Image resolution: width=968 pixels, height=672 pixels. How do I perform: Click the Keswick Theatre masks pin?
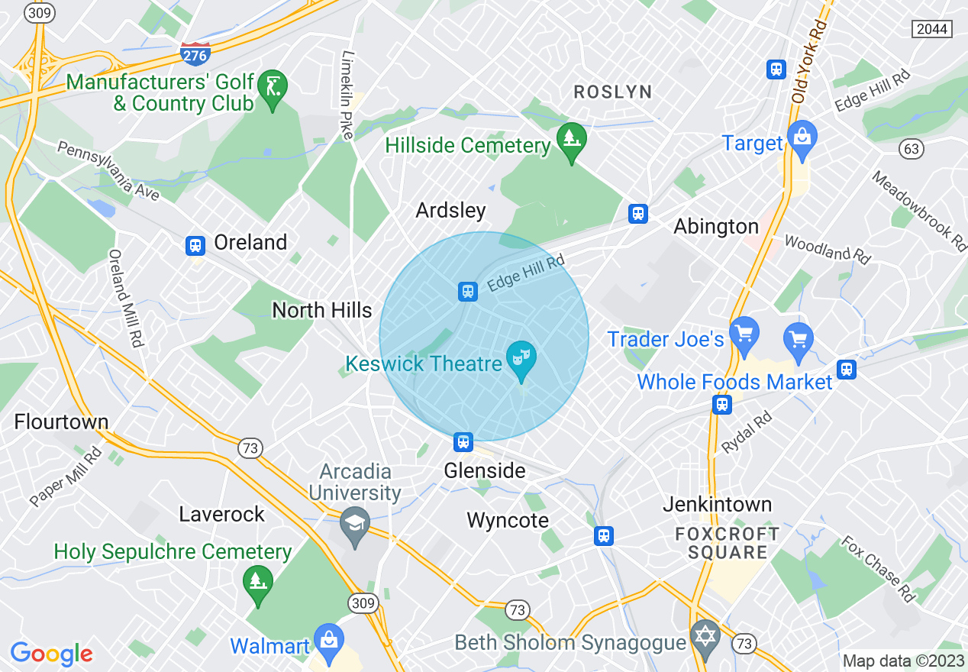tap(522, 359)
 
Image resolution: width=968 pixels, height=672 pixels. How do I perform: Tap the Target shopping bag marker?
tap(802, 139)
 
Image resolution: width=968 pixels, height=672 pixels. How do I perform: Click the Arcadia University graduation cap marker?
tap(355, 525)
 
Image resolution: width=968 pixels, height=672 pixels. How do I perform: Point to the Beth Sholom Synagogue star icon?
tap(705, 637)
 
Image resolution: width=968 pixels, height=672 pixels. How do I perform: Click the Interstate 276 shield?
tap(196, 54)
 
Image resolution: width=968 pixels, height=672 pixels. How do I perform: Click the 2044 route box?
tap(931, 29)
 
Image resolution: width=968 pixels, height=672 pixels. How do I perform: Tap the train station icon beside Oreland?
tap(195, 245)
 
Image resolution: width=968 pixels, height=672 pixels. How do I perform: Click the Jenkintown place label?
tap(717, 504)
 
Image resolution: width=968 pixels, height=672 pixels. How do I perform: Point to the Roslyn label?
tap(613, 92)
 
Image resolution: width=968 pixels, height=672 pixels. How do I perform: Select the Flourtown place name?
tap(61, 422)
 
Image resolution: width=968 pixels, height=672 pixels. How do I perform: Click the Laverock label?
tap(221, 514)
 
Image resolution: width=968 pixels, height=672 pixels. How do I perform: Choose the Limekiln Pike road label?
tap(348, 95)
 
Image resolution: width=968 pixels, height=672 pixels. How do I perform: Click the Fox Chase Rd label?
tap(878, 569)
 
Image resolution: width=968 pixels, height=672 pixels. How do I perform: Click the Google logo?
tap(51, 654)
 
